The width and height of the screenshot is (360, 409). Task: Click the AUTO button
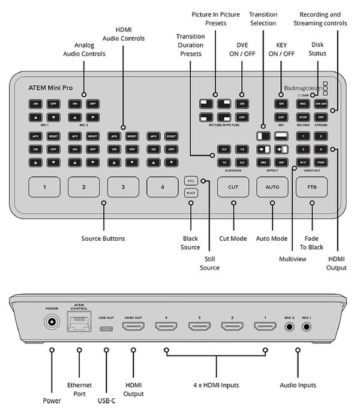point(272,187)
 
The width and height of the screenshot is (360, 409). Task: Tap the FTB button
point(312,187)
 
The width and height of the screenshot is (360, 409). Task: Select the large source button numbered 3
point(123,187)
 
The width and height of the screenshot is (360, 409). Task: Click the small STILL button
point(191,180)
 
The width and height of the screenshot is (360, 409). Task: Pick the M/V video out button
point(304,162)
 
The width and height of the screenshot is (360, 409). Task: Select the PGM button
point(321,162)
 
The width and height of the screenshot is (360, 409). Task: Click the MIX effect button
point(263,162)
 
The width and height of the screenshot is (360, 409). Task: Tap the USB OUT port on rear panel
point(106,328)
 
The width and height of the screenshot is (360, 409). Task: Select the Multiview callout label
point(292,258)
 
